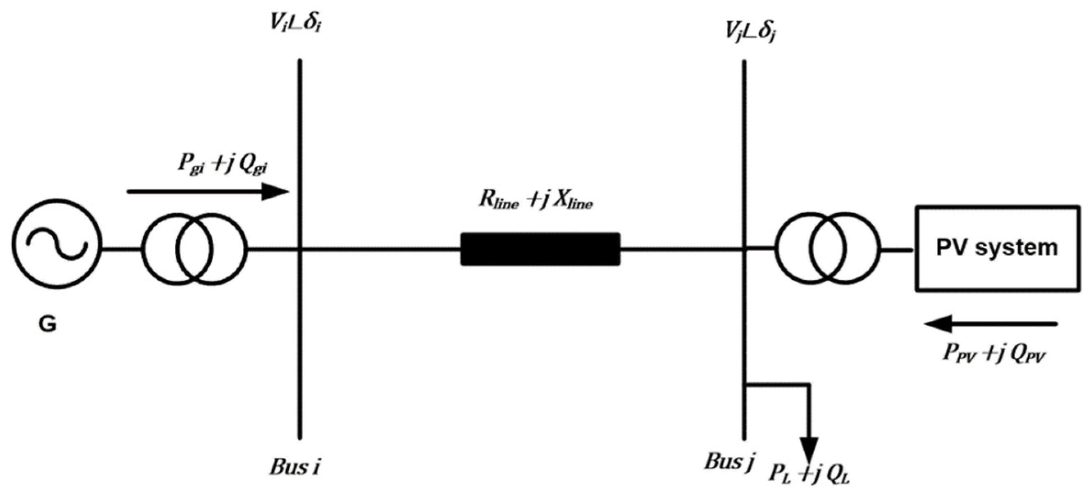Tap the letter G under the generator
pos(47,325)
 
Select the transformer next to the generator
pos(194,249)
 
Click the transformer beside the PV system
pos(828,248)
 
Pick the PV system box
pos(997,249)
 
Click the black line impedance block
pos(540,249)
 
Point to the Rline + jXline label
pos(535,200)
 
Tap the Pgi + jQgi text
pos(222,166)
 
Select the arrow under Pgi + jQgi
pos(208,192)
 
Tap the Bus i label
pos(295,468)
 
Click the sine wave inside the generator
pos(57,244)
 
